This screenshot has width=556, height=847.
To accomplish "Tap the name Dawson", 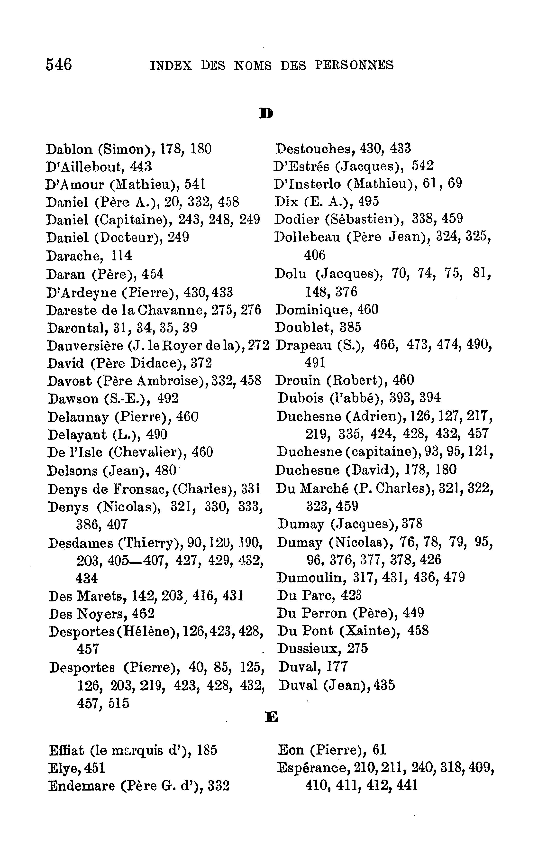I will (x=73, y=398).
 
